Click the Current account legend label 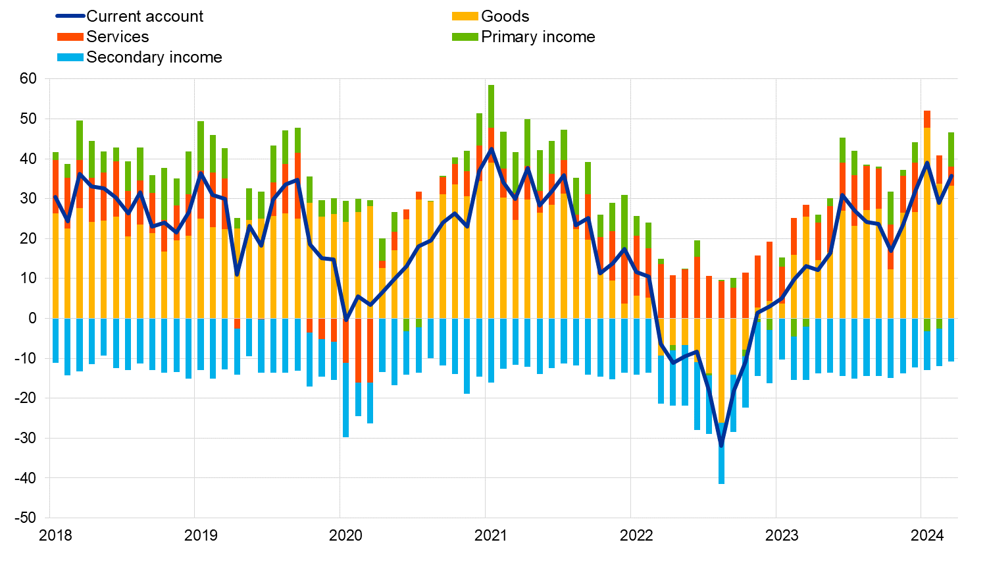145,16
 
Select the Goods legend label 505,16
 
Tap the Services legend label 117,37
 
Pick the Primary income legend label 538,37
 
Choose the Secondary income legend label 154,57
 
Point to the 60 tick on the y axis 28,79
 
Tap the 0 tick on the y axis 32,318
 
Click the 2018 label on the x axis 56,535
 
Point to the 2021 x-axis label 491,535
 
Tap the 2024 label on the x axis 927,535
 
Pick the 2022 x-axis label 636,535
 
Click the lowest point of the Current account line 721,446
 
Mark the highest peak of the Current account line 491,149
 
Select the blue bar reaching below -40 721,454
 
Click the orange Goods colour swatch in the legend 465,16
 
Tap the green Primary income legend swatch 465,37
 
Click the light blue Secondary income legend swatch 70,57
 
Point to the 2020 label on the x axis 345,535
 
